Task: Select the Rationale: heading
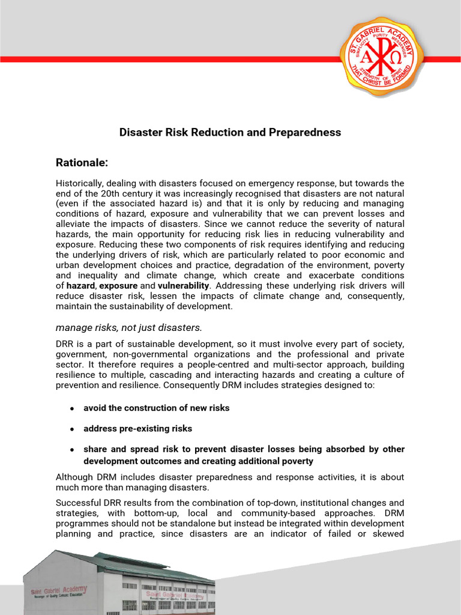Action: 82,162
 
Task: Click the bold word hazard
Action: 80,285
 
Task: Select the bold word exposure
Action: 118,285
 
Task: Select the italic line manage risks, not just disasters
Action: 129,327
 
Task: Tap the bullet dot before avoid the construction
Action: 72,408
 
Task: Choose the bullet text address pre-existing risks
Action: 137,429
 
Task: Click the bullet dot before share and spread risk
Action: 72,449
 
